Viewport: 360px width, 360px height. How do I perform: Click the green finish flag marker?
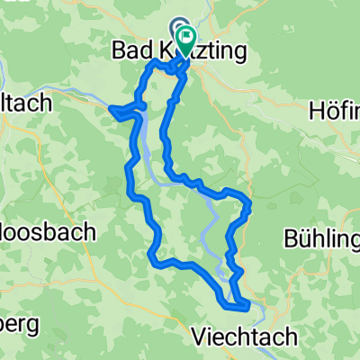tap(187, 39)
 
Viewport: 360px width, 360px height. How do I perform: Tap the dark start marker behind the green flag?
tap(177, 31)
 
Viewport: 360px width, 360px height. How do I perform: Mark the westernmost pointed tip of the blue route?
tap(110, 109)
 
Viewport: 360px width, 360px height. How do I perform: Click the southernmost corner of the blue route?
tap(245, 312)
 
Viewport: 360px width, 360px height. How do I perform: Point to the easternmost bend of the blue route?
tap(248, 203)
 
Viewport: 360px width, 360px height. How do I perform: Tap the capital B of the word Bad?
tap(117, 53)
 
